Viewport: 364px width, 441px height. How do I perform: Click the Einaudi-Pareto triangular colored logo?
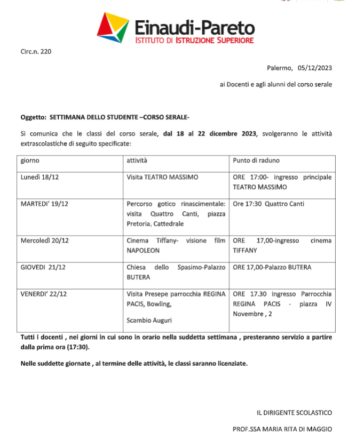pos(113,27)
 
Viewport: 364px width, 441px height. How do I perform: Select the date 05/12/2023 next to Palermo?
pos(315,68)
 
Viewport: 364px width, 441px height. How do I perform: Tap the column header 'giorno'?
pos(30,161)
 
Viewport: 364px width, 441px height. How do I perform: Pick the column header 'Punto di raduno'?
pos(256,161)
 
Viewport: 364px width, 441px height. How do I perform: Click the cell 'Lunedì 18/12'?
pos(39,177)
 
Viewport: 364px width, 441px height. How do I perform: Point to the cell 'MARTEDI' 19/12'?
pos(44,204)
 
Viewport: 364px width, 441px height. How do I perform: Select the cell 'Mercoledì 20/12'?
pos(45,240)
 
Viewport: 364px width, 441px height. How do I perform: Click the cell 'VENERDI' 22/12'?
pos(44,294)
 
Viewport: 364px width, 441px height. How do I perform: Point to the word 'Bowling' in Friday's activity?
pos(161,304)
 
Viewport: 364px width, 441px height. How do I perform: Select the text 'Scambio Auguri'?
pos(148,320)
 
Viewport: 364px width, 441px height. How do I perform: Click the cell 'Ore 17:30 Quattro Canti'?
pos(269,204)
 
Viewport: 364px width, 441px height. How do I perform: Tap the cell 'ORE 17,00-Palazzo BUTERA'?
pos(272,267)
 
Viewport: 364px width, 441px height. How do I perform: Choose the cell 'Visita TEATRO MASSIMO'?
pos(162,177)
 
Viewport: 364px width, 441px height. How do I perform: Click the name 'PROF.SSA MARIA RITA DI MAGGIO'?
pos(282,429)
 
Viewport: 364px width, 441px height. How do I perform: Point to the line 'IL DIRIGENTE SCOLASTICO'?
pos(294,412)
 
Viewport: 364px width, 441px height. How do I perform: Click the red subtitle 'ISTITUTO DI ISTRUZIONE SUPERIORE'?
pos(194,40)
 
